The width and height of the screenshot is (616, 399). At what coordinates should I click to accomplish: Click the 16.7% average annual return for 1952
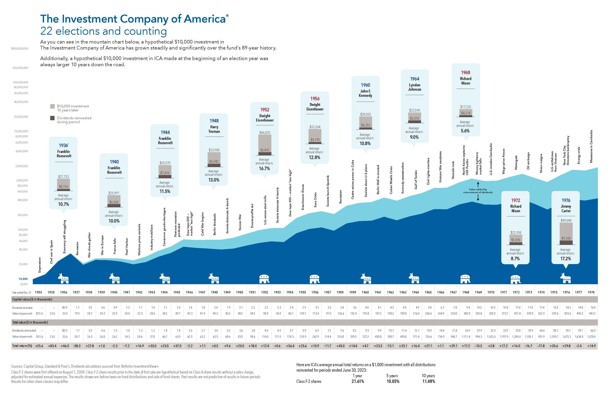264,169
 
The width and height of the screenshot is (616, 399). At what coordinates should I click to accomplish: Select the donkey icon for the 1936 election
63,278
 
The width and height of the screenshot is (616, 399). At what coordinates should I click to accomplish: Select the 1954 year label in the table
290,292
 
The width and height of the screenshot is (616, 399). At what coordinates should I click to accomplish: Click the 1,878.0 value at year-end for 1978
591,337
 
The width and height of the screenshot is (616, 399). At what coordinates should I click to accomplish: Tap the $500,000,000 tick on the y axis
20,48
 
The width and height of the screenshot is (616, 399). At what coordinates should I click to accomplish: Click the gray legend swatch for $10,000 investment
52,106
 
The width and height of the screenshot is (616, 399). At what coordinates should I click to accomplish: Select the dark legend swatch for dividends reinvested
52,118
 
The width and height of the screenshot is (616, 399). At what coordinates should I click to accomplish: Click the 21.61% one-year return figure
357,381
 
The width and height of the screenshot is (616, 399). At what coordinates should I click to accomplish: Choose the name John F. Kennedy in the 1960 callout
365,93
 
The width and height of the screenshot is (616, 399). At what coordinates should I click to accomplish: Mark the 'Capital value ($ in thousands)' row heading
32,299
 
